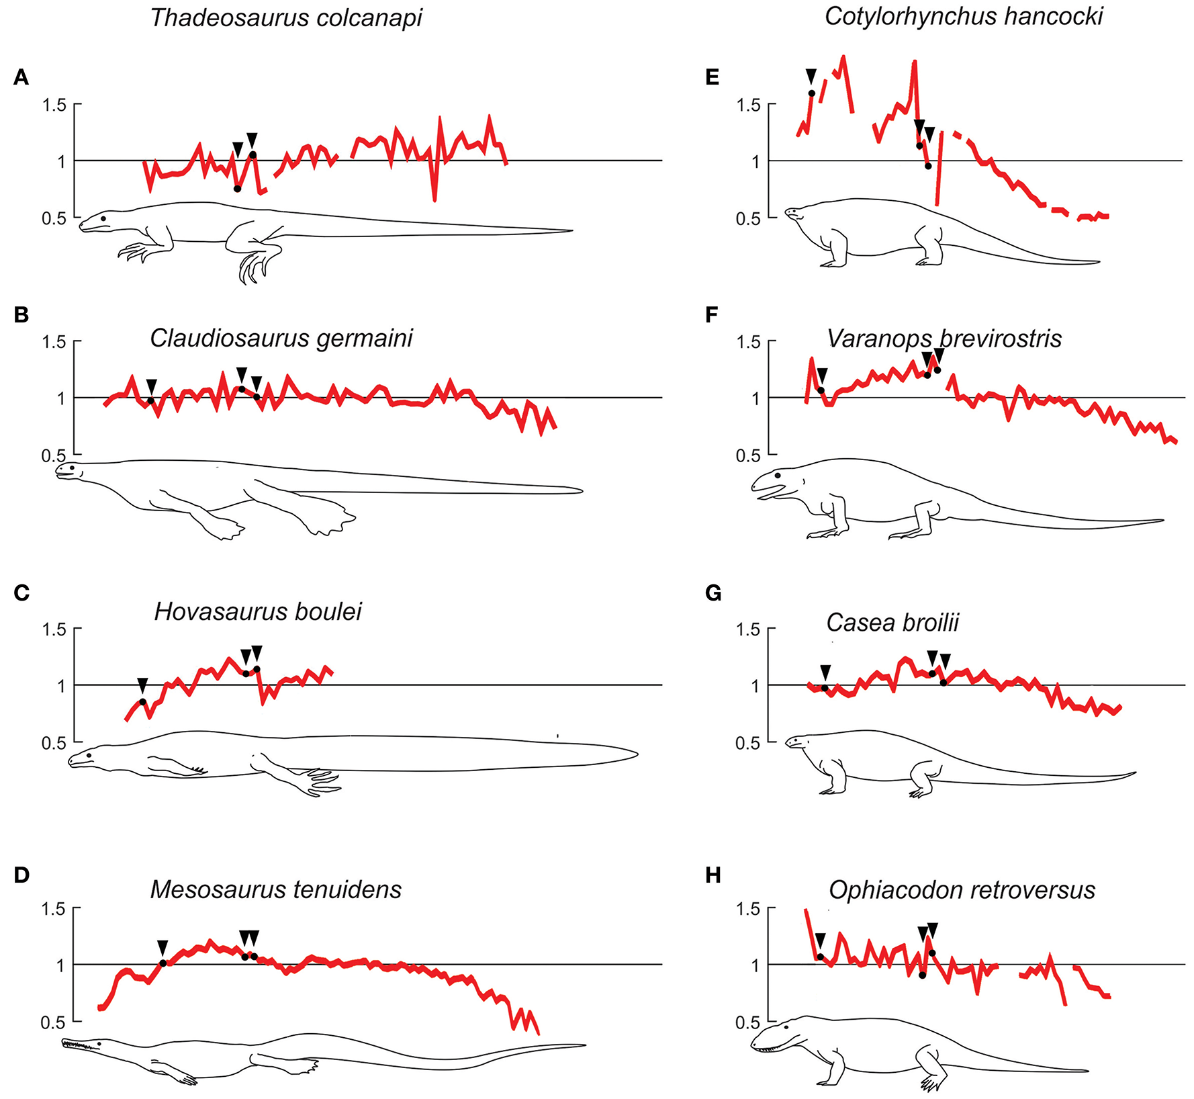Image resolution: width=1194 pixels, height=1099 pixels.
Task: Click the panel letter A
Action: point(21,78)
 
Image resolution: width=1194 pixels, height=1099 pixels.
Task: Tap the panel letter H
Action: point(713,875)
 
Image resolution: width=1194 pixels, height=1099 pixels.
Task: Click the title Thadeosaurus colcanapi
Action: point(286,18)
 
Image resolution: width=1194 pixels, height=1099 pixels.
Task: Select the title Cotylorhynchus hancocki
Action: point(963,17)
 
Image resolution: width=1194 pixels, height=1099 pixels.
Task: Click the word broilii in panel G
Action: point(930,623)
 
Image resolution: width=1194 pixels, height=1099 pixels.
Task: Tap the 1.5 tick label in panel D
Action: point(54,909)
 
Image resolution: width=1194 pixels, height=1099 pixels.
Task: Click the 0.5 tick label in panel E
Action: point(748,219)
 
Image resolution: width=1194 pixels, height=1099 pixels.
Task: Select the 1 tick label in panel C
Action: point(61,686)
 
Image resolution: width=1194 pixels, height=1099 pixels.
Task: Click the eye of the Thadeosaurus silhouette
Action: point(103,218)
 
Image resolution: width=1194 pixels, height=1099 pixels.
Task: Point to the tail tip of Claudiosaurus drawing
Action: point(580,490)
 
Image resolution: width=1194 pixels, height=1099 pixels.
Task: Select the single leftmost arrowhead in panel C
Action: point(142,685)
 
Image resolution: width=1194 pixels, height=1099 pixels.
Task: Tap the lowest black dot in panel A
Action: point(237,189)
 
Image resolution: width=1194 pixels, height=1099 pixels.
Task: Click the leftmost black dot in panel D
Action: point(163,963)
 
